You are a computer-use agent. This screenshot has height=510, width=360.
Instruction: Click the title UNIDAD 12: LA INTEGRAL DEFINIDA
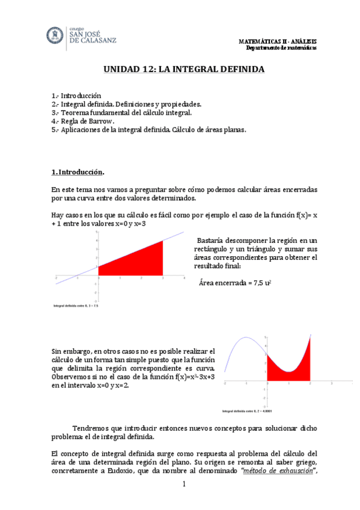click(x=180, y=70)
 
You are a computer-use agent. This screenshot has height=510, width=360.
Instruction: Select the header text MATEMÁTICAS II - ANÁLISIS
click(x=278, y=41)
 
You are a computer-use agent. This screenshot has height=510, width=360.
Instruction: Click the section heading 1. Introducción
click(x=78, y=173)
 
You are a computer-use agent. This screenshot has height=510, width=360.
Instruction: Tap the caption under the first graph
click(x=76, y=306)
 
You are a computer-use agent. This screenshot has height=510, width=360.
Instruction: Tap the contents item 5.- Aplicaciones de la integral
click(x=149, y=129)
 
